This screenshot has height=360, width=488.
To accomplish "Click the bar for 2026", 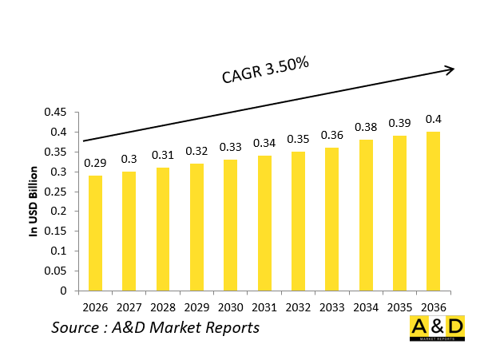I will pyautogui.click(x=95, y=233).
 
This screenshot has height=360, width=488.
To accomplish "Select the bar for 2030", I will pyautogui.click(x=230, y=225).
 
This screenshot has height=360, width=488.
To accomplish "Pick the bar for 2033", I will pyautogui.click(x=331, y=220).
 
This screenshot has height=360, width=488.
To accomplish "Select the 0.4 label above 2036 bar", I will pyautogui.click(x=433, y=118).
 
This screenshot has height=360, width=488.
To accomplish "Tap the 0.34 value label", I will pyautogui.click(x=264, y=143).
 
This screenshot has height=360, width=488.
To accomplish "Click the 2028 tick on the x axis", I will pyautogui.click(x=163, y=307).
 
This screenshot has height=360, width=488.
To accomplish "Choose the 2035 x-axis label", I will pyautogui.click(x=399, y=307).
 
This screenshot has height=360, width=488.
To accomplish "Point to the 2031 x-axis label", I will pyautogui.click(x=264, y=307).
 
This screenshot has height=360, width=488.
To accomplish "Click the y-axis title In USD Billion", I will pyautogui.click(x=34, y=201).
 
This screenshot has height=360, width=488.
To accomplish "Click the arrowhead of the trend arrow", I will pyautogui.click(x=450, y=69).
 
